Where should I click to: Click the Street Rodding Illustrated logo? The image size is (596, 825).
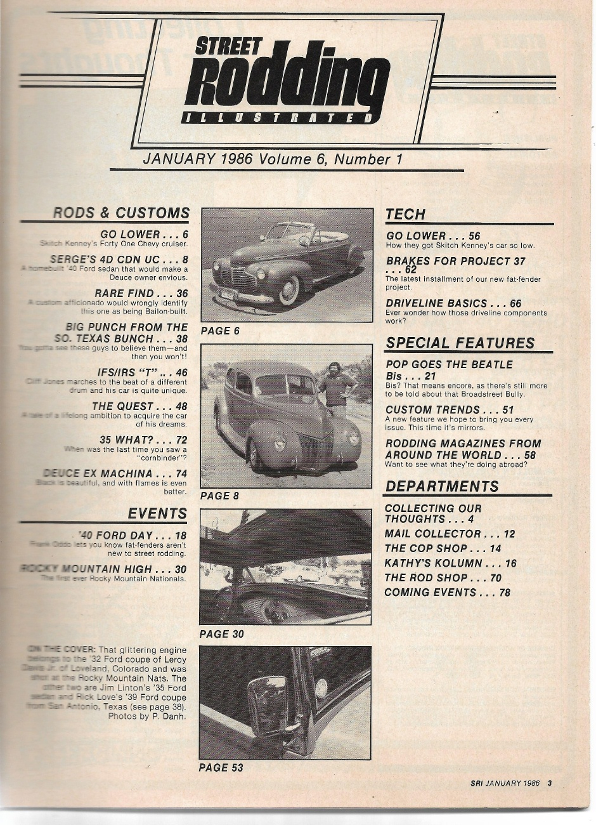[285, 81]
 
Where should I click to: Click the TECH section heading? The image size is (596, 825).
[406, 214]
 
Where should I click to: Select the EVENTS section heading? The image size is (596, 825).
[157, 513]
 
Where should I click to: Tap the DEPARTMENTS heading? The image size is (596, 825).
[442, 486]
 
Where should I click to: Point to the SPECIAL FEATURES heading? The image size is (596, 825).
[460, 343]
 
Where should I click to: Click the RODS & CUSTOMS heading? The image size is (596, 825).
[121, 213]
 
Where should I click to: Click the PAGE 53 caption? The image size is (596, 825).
[221, 768]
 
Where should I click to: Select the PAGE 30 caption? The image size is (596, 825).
[221, 634]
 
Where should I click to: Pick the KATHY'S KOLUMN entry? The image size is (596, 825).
[450, 563]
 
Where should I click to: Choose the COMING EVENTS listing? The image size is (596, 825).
[447, 593]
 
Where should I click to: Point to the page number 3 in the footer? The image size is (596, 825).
[549, 783]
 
